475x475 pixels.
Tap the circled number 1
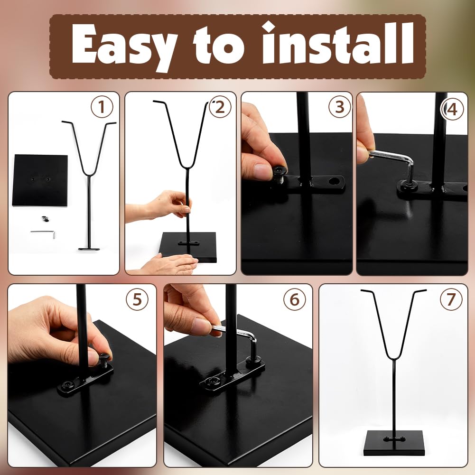tap(102, 107)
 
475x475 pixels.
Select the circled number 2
tap(220, 107)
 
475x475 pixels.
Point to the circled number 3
tap(340, 107)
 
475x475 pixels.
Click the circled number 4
tap(452, 109)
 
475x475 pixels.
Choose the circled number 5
tap(137, 299)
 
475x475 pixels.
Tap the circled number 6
tap(295, 299)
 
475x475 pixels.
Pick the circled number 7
tap(451, 299)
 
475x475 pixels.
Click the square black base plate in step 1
tap(40, 180)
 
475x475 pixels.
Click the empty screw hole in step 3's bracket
tap(335, 181)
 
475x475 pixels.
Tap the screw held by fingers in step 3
tap(279, 175)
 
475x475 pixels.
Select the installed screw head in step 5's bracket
tap(66, 385)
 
